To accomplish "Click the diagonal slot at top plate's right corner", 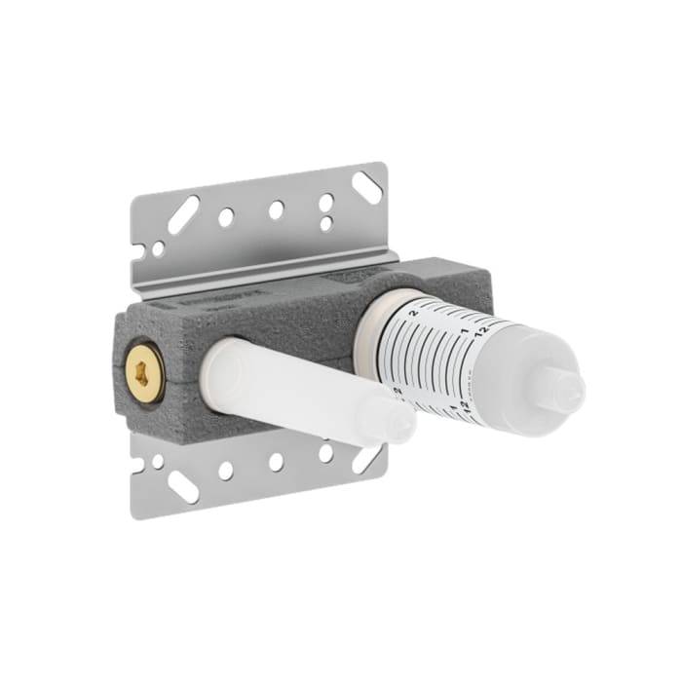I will tap(366, 187).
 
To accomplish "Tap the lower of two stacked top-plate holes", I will tap(326, 223).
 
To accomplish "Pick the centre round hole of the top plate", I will tap(276, 209).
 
